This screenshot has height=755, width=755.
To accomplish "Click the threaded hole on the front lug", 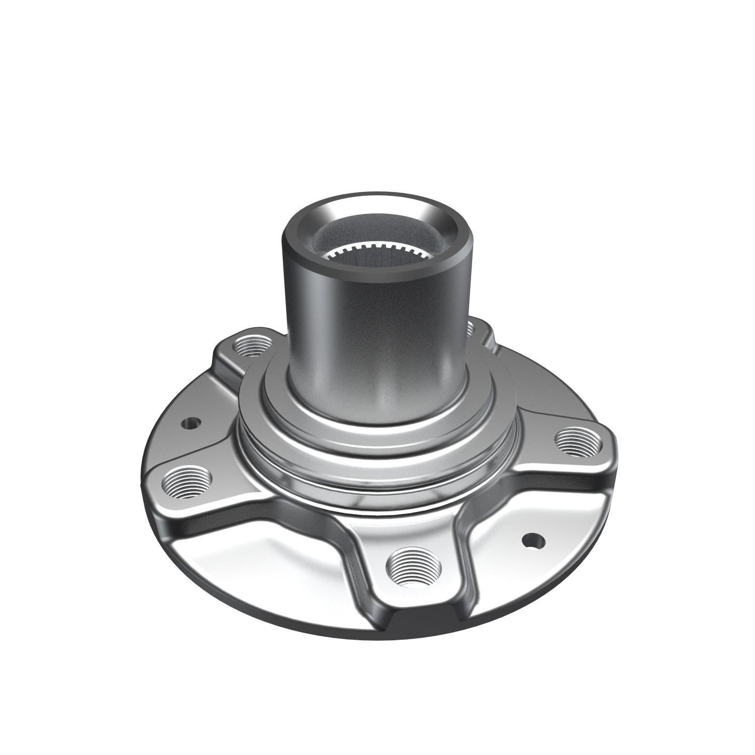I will point(413,567).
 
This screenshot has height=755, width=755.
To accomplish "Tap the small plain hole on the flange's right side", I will point(534,542).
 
